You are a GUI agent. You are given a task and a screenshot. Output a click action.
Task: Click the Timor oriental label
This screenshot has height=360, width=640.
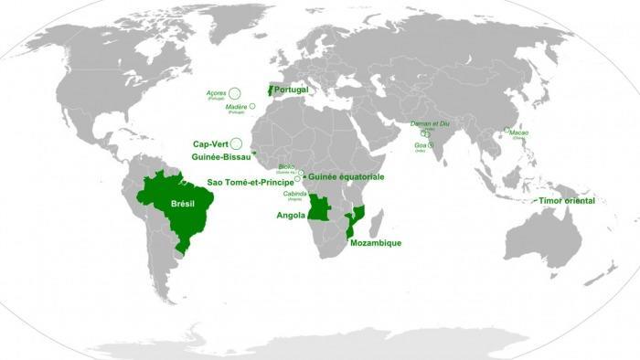[567, 200]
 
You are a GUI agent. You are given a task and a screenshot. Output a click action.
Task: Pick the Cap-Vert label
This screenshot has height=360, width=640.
[209, 143]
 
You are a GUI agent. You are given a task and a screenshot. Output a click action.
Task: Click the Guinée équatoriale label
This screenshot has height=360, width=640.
[347, 175]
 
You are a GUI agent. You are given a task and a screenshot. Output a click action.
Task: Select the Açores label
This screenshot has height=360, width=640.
[217, 93]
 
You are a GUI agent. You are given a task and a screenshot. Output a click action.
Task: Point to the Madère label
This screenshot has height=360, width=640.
[236, 107]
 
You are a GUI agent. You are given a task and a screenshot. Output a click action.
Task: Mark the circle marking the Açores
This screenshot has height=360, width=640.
[235, 92]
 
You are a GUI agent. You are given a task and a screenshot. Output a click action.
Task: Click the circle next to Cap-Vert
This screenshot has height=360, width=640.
[236, 143]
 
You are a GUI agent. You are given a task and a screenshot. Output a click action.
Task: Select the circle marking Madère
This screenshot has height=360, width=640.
[252, 107]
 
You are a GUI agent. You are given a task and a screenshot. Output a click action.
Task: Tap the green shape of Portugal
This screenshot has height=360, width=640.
[269, 91]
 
